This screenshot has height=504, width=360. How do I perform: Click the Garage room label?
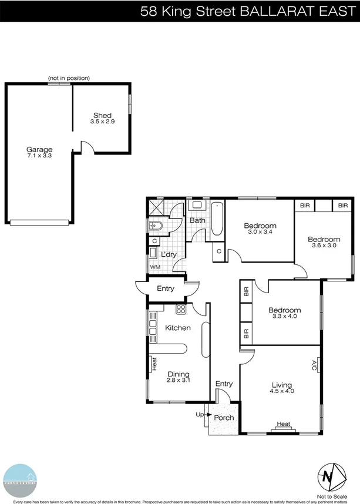39,149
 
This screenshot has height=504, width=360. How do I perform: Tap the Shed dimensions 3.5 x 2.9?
102,122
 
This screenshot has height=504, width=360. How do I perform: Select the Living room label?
281,384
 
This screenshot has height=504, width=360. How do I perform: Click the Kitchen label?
177,327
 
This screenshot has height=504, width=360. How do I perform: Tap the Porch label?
224,418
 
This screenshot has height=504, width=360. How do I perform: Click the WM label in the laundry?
155,267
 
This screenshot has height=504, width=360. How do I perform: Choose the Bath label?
197,220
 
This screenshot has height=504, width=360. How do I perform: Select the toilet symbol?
157,226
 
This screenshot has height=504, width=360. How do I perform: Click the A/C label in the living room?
314,366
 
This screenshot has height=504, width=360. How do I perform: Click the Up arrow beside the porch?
199,415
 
